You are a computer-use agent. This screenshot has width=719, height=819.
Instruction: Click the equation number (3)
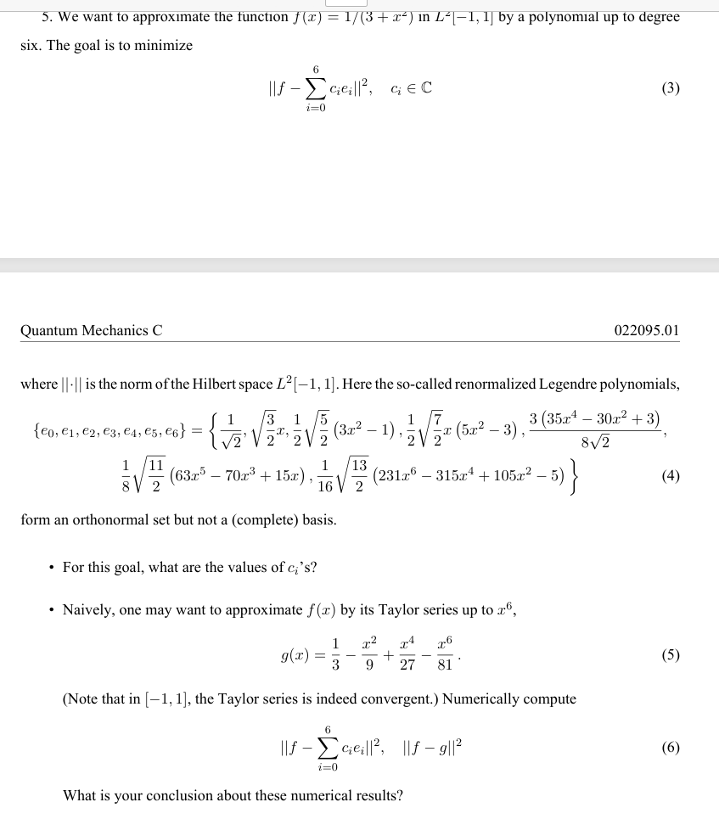[x=670, y=88]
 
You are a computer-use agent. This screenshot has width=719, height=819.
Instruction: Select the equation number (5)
[x=670, y=654]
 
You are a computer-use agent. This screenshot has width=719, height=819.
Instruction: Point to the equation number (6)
[x=670, y=748]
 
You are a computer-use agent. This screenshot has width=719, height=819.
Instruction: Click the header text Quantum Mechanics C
[x=92, y=330]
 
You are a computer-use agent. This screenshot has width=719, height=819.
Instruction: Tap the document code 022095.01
[x=646, y=330]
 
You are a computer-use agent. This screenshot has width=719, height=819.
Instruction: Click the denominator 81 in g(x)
[x=444, y=665]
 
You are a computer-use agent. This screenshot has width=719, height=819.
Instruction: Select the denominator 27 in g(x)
[x=407, y=665]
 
